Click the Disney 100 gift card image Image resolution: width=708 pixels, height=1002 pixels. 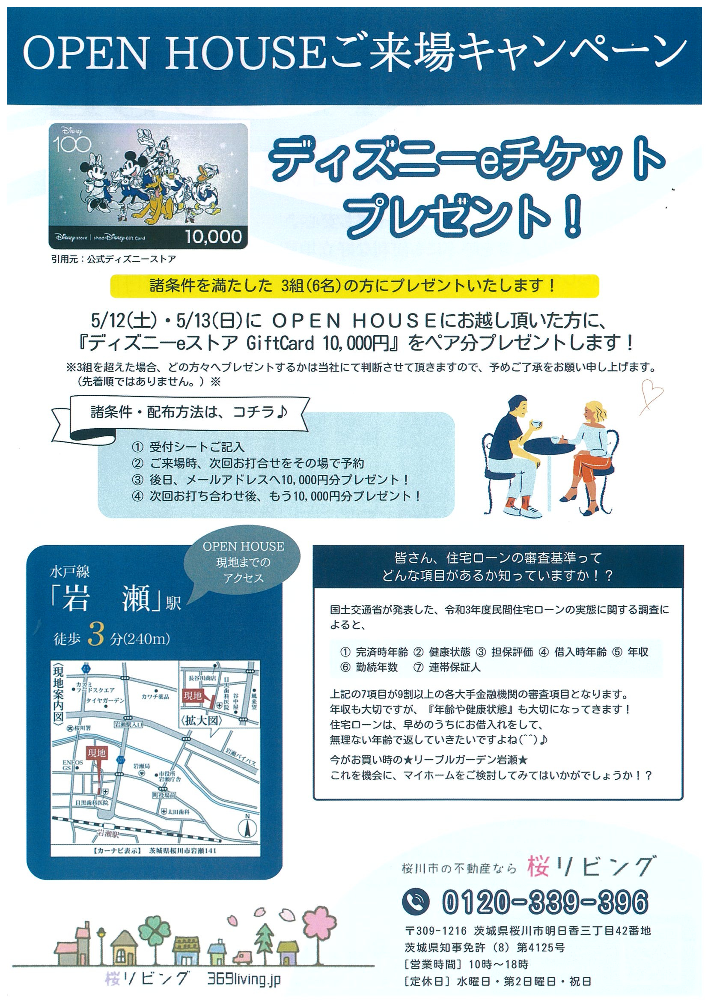click(x=148, y=185)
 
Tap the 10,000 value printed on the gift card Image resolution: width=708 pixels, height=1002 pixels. click(x=213, y=236)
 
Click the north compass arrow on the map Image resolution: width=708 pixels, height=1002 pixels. click(x=247, y=827)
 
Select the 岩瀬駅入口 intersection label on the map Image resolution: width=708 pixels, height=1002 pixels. click(x=128, y=725)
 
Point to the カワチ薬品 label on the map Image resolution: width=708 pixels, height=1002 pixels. click(x=155, y=697)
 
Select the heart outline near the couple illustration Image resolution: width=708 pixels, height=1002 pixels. click(x=652, y=394)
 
